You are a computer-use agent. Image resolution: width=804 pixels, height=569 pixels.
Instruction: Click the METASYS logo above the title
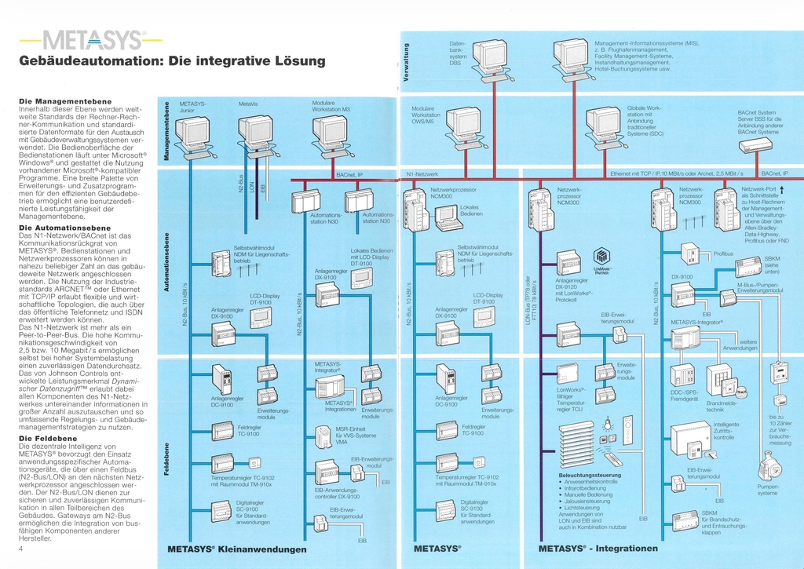point(93,40)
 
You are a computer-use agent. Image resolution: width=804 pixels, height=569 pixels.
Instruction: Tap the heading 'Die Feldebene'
point(48,438)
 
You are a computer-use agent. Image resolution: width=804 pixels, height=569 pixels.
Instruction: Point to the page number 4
point(20,549)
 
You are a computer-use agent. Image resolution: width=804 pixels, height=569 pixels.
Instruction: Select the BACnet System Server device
point(755,145)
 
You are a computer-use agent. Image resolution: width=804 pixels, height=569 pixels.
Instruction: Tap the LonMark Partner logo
point(601,258)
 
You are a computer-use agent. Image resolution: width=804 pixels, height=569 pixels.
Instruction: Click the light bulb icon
point(606,425)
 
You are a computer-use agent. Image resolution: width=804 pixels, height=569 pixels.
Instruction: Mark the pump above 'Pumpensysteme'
point(767,466)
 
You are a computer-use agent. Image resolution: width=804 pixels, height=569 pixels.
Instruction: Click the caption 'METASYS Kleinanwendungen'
point(237,549)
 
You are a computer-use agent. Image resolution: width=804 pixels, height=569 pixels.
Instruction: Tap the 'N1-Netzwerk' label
point(422,173)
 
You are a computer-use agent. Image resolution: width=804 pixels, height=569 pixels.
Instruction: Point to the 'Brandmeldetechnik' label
point(720,406)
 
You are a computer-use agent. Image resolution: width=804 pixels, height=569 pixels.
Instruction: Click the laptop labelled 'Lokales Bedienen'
point(448,217)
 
